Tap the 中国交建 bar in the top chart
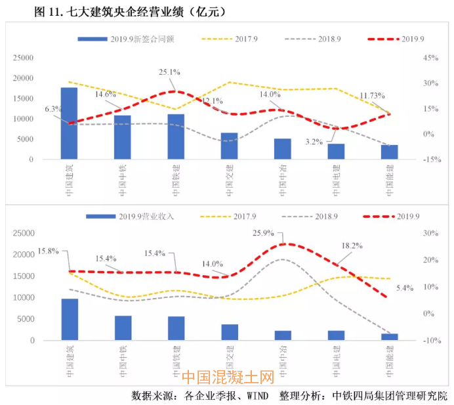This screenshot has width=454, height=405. click(x=229, y=146)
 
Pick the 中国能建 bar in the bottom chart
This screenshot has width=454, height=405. click(x=390, y=337)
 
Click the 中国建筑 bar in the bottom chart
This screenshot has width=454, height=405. click(x=70, y=320)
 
